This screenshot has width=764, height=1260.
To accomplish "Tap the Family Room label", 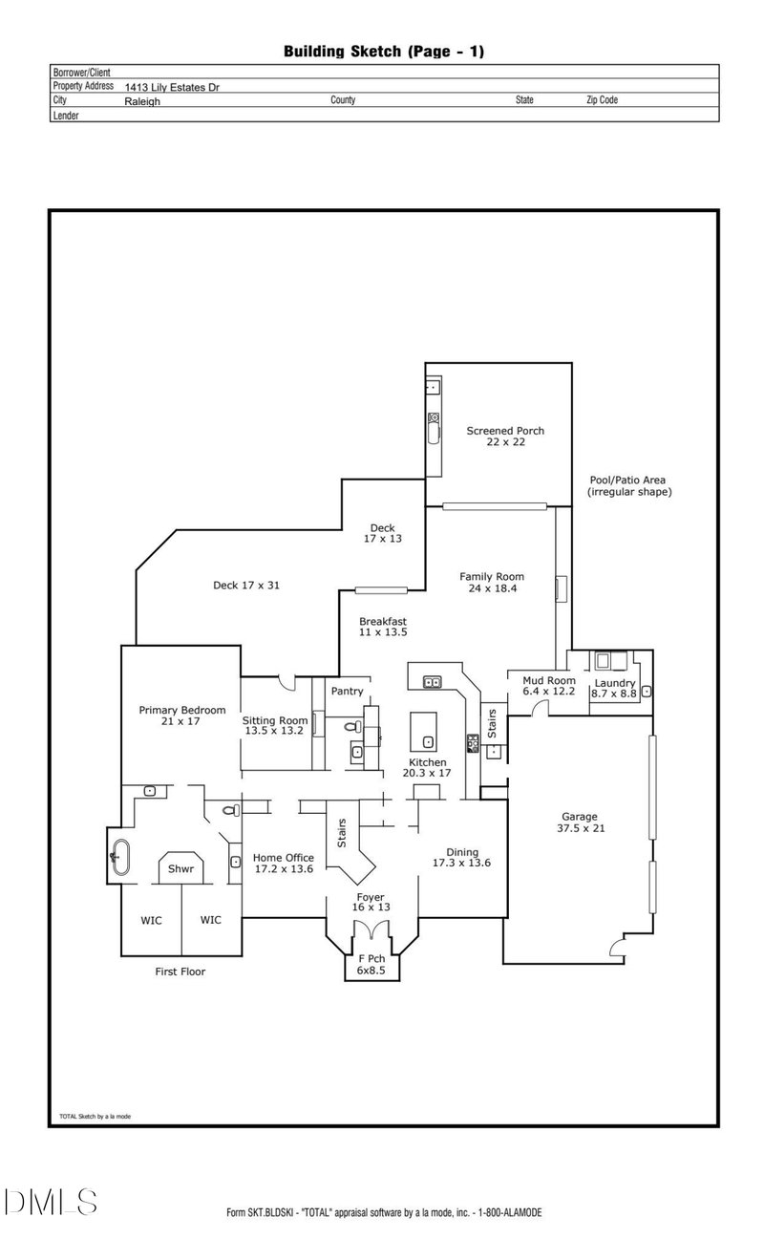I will tap(492, 583).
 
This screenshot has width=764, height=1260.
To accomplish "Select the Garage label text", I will tap(579, 822).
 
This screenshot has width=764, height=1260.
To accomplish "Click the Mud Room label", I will tap(548, 686).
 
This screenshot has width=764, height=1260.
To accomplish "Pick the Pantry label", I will tap(347, 691).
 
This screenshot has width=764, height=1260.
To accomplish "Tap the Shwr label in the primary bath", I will tap(180, 869).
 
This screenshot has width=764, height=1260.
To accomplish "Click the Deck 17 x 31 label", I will tap(245, 586).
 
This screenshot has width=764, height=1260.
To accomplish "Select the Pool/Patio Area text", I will tap(628, 486).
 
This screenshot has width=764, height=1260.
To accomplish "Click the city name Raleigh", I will tap(142, 100).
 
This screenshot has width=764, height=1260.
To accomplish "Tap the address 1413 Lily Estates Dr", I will tap(180, 86).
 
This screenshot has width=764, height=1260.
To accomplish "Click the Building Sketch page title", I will tap(384, 52).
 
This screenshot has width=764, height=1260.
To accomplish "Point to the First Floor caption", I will tap(180, 972).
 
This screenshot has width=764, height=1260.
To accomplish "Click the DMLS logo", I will tap(50, 1202).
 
